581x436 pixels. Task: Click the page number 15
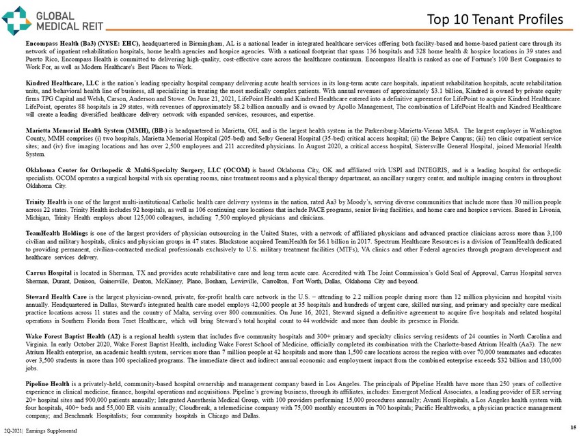click(571, 426)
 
